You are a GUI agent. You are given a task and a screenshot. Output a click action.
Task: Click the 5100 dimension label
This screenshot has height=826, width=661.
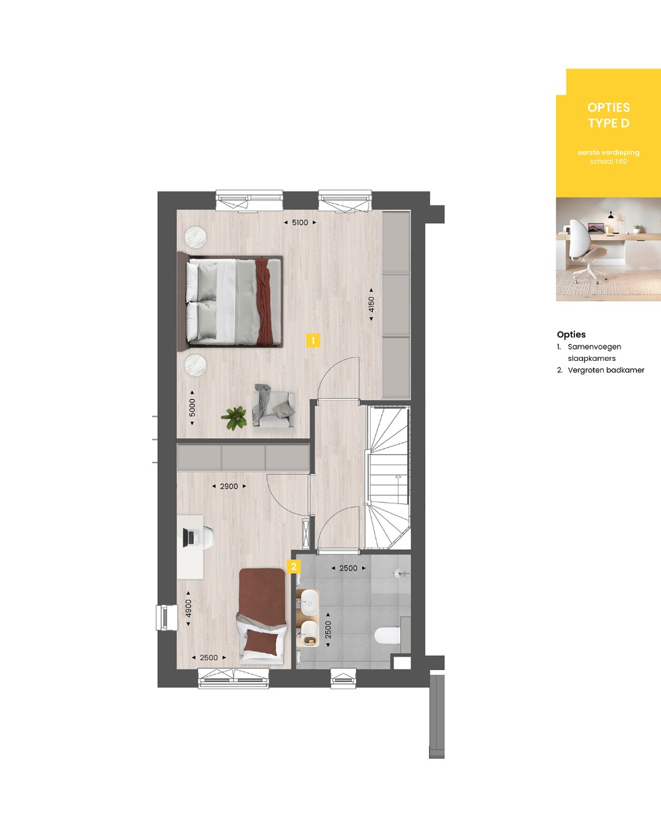click(300, 222)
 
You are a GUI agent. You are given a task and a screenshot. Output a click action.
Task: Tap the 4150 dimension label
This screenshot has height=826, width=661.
click(371, 304)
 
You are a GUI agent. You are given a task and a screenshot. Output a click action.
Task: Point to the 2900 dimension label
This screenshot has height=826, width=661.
click(229, 487)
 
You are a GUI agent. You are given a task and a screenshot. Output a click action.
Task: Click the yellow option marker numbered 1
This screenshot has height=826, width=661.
click(313, 341)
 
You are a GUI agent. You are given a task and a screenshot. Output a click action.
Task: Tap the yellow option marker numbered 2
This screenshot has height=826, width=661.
click(294, 567)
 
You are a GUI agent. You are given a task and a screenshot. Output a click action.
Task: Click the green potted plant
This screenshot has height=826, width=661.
click(234, 417)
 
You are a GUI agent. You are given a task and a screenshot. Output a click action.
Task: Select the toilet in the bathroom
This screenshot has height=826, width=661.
click(388, 635)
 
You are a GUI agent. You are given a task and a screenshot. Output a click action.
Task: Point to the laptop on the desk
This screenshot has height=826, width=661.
click(188, 538)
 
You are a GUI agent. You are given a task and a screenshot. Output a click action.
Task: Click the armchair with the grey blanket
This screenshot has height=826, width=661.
click(273, 406)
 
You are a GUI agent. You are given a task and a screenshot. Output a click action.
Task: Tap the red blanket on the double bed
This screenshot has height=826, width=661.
click(264, 301)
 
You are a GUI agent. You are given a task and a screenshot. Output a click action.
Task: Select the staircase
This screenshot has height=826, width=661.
click(387, 477)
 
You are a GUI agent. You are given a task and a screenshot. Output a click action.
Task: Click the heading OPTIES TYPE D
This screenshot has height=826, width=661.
click(609, 115)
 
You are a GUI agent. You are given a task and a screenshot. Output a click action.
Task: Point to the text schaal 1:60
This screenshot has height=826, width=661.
click(609, 161)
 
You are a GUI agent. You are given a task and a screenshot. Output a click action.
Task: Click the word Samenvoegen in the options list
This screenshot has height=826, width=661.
click(594, 347)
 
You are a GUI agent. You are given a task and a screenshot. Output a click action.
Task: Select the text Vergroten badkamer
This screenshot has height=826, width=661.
click(606, 370)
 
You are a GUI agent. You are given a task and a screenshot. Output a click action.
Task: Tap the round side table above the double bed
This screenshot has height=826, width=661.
click(195, 237)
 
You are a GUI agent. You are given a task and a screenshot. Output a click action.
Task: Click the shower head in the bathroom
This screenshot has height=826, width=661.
click(400, 573)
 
